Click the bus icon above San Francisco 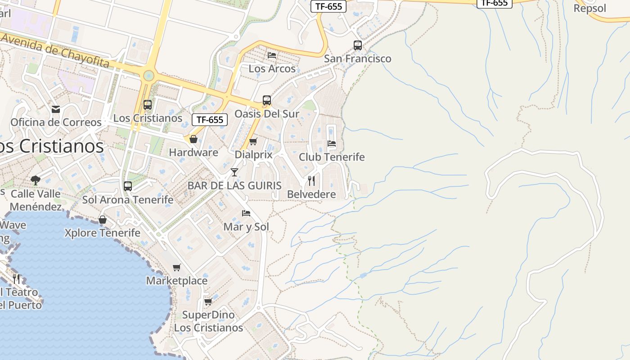coord(358,45)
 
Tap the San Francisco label coord(358,58)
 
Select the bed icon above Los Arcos coord(272,55)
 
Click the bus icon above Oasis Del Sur coord(267,100)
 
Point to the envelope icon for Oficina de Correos coord(56,109)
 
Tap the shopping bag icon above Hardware coord(193,139)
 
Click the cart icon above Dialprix coord(253,142)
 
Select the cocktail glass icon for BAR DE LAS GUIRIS coord(234,172)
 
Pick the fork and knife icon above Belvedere coord(311,181)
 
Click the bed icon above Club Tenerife coord(332,144)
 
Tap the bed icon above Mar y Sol coord(246,213)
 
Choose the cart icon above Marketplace coord(177,268)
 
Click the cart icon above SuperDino coord(208,301)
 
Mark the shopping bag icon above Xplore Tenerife coord(103,220)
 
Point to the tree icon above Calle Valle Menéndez coord(36,180)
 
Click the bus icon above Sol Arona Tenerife coord(128,186)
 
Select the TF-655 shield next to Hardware coord(210,120)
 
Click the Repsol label coord(590,9)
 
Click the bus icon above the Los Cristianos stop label coord(148,105)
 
